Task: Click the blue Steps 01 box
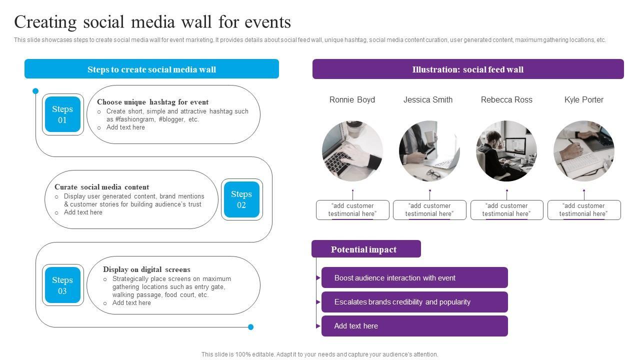pos(62,114)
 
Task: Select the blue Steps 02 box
pos(241,199)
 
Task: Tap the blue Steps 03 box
pos(62,285)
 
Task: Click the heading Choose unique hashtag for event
pos(152,102)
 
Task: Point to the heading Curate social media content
pos(101,187)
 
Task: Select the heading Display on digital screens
pos(146,269)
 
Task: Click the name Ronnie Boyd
pos(352,100)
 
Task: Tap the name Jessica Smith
pos(428,100)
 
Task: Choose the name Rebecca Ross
pos(506,100)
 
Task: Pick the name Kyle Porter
pos(583,100)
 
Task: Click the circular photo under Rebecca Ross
pos(506,150)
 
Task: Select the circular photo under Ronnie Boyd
pos(352,150)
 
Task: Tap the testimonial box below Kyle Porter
pos(583,210)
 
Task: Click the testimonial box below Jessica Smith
pos(429,210)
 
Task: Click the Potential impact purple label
pos(366,249)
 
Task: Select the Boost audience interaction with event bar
pos(414,277)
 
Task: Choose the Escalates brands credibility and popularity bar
pos(414,302)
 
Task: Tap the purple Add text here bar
pos(414,326)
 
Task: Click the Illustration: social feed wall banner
pos(468,69)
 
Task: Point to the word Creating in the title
pos(45,22)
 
